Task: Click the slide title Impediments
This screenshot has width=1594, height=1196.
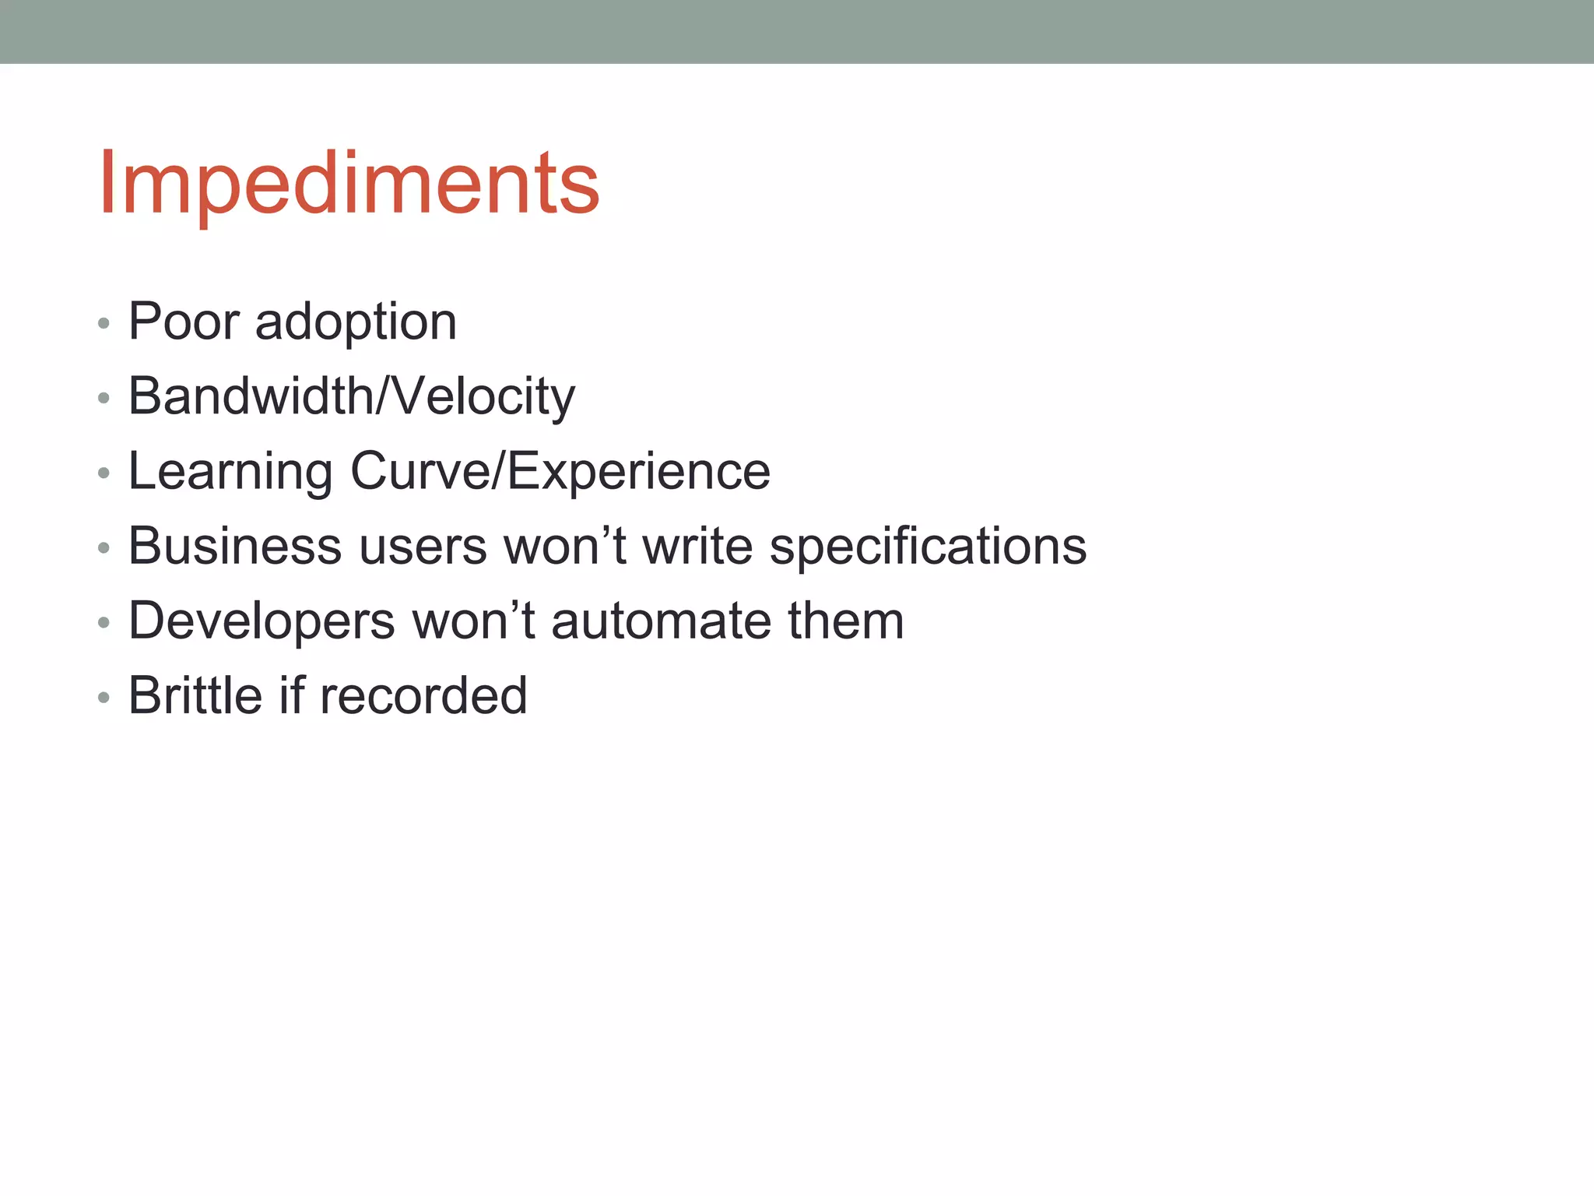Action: click(x=349, y=184)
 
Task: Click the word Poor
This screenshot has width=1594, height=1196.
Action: click(x=184, y=321)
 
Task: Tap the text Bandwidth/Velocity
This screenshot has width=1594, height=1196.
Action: click(x=352, y=396)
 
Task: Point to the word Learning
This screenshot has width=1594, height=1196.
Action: click(x=230, y=472)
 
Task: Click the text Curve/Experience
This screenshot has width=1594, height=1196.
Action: click(x=560, y=471)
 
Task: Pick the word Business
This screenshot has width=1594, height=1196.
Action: click(x=235, y=545)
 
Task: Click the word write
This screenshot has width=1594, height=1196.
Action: click(x=697, y=545)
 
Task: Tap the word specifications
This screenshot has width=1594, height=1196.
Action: click(x=928, y=547)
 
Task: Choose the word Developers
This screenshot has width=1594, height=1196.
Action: click(x=262, y=621)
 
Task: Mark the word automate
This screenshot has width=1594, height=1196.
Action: click(x=661, y=621)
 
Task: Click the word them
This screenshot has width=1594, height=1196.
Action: click(x=845, y=621)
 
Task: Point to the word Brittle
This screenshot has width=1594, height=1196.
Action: click(x=195, y=695)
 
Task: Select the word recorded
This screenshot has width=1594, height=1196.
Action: click(x=423, y=695)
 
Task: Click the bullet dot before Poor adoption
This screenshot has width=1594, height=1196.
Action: click(x=104, y=323)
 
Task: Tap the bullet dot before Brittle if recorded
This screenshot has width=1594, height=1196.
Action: click(x=104, y=697)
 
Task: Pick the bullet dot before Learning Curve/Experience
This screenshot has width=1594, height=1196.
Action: click(x=104, y=473)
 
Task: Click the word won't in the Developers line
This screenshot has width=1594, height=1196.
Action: click(x=473, y=621)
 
